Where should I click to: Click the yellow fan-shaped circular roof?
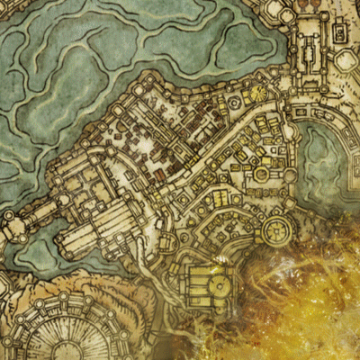click(x=258, y=91)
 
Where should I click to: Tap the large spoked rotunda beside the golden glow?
click(x=275, y=230)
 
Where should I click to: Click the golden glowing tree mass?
click(x=306, y=297)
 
